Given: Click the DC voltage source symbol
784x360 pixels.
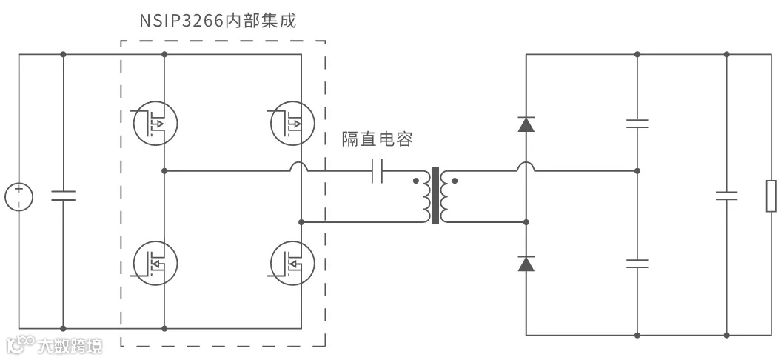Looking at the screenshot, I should [x=19, y=197].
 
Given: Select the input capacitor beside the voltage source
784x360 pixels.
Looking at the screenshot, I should [x=63, y=196].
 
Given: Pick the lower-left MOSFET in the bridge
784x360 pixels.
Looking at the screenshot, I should [x=155, y=262].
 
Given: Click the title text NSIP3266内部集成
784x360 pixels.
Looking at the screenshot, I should [x=218, y=20].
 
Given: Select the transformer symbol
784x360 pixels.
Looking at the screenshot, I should [x=435, y=196].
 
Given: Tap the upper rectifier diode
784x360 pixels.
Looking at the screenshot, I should [x=526, y=124].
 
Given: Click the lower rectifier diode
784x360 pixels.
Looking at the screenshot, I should [x=526, y=263].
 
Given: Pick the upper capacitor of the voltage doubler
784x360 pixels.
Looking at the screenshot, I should [x=637, y=123].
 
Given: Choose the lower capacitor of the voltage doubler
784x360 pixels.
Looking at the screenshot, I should [x=637, y=263].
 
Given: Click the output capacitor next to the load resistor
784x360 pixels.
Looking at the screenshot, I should [x=726, y=196].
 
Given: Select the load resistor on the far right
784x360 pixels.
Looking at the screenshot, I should [x=771, y=196].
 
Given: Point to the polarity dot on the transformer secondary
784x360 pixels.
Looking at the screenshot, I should [x=455, y=180].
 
